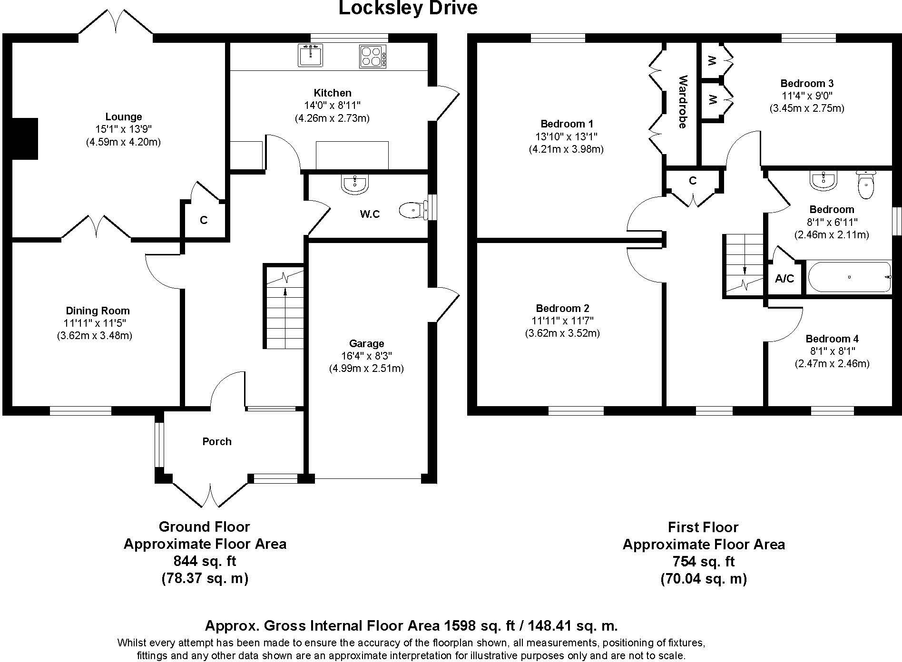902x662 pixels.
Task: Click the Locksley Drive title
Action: (x=408, y=8)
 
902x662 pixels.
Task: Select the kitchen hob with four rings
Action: (x=373, y=56)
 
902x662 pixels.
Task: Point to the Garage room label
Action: (x=366, y=343)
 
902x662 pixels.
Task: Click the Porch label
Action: (x=217, y=441)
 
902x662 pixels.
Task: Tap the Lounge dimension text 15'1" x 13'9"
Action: (x=123, y=129)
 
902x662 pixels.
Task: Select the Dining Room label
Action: (x=98, y=311)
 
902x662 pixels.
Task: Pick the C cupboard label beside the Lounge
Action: (x=204, y=220)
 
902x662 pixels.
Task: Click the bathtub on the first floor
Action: (x=849, y=276)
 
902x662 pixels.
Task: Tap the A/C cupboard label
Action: (x=784, y=279)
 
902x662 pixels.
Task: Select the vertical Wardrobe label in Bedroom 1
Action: (x=683, y=102)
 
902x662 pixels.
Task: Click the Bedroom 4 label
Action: (x=832, y=339)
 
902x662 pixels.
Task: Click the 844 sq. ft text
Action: (x=205, y=561)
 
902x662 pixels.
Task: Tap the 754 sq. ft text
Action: (x=703, y=562)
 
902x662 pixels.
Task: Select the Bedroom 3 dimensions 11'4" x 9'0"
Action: (x=806, y=96)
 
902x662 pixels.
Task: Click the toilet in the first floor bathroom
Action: (x=866, y=186)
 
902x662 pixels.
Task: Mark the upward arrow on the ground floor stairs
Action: (x=285, y=291)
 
